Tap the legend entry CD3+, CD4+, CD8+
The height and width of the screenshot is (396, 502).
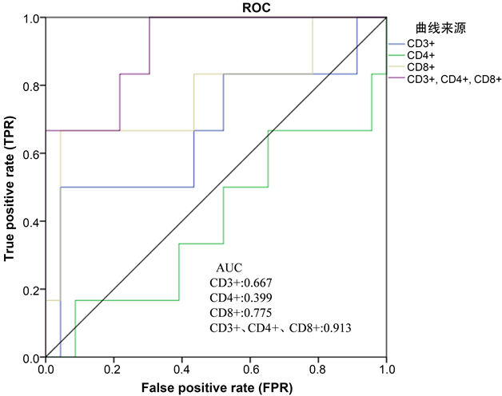pos(453,79)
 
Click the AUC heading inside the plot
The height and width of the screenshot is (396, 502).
pos(229,267)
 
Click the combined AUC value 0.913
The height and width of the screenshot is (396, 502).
pos(336,327)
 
